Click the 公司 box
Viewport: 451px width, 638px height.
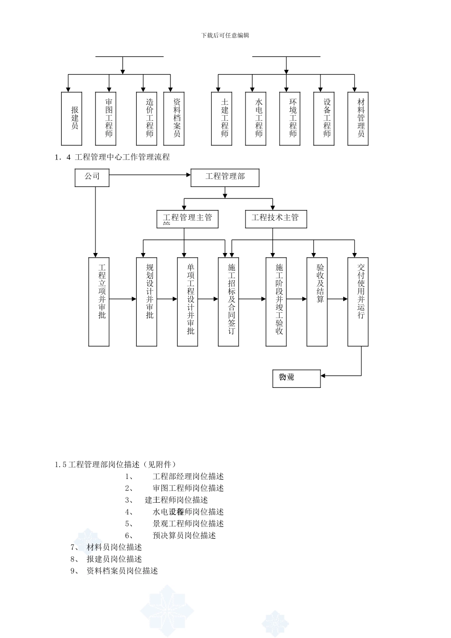coord(92,178)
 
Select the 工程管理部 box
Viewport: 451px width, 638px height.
coord(225,178)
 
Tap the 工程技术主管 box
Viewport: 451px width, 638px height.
coord(275,218)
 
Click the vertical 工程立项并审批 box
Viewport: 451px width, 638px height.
coord(99,302)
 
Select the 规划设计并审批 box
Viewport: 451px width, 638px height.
coord(146,302)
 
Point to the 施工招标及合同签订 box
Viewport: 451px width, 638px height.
coord(228,302)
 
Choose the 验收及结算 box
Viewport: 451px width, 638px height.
coord(317,302)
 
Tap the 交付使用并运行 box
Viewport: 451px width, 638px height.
coord(358,302)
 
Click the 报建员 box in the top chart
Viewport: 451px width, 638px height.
coord(72,119)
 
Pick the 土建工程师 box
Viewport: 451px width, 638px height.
coord(222,119)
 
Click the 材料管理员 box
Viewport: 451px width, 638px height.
coord(358,119)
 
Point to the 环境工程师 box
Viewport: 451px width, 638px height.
coord(290,119)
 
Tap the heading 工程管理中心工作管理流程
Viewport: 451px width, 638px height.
coord(122,157)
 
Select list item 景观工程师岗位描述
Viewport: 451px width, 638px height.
coord(188,524)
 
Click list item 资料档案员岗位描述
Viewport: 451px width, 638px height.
coord(122,571)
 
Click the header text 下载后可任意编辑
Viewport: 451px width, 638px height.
coord(225,36)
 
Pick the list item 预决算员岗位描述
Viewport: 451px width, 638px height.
coord(184,535)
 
